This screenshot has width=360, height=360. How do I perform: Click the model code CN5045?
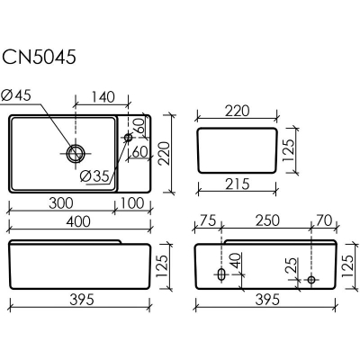[39, 57]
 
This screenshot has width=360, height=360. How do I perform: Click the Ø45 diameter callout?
[16, 95]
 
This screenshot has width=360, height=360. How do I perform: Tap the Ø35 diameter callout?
[94, 176]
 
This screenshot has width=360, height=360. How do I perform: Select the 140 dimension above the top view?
[103, 97]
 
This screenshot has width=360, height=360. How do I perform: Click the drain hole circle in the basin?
[75, 153]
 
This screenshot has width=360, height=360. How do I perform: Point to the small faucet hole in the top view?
[128, 138]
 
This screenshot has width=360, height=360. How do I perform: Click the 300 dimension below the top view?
[61, 203]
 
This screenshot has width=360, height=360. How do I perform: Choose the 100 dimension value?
[132, 203]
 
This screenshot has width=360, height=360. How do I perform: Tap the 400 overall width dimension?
[77, 221]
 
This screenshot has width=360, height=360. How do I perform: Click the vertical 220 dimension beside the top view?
[165, 153]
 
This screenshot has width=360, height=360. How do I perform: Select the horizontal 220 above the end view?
[237, 111]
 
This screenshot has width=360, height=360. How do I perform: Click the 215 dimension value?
[237, 184]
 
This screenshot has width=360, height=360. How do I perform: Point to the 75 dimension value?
[208, 220]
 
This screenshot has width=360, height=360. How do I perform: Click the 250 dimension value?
[267, 220]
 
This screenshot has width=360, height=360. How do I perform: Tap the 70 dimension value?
[324, 220]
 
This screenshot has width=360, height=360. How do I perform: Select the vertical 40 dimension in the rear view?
[236, 261]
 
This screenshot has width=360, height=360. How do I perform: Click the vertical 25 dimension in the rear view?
[292, 265]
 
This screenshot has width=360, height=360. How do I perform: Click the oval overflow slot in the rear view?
[221, 274]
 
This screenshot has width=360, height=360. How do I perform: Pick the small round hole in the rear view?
[311, 280]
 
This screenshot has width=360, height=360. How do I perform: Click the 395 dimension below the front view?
[82, 300]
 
